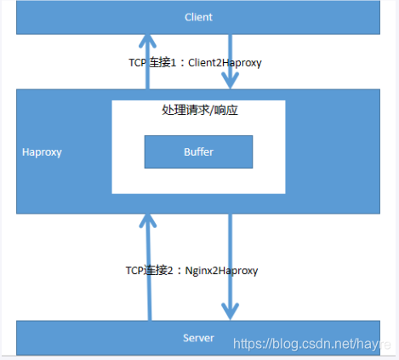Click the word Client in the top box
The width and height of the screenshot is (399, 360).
[197, 17]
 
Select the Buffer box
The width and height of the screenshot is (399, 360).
[198, 151]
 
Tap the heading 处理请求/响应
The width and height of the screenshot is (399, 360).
[197, 111]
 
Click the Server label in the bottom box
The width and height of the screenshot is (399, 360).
[197, 338]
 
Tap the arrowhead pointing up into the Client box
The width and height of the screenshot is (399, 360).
[149, 41]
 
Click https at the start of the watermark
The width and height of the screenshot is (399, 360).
[248, 344]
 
